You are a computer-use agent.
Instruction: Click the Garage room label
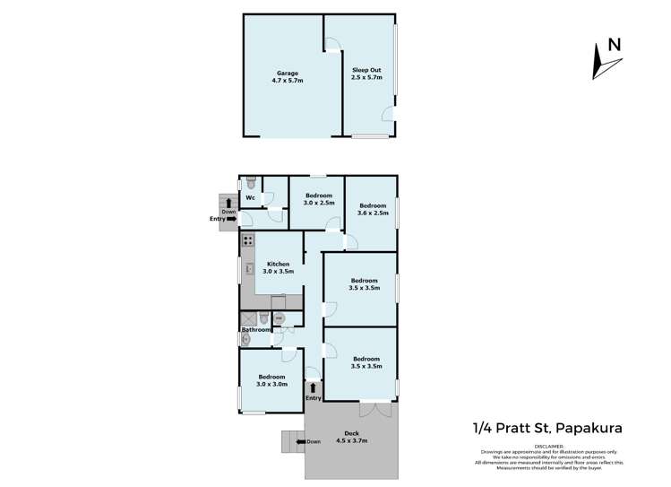[x=288, y=76]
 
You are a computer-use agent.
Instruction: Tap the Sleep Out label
[x=366, y=73]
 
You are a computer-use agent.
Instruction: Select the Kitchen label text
[x=280, y=266]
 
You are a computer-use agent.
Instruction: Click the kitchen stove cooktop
[x=247, y=240]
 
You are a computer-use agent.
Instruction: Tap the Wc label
[x=251, y=197]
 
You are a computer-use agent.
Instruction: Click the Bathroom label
[x=255, y=330]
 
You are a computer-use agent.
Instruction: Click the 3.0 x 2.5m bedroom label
[x=319, y=199]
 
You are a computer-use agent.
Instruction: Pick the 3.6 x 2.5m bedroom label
[x=373, y=209]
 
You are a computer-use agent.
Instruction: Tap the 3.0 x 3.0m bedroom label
[x=271, y=380]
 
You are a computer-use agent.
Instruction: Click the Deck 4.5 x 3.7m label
[x=351, y=438]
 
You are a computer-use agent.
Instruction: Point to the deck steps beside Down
[x=292, y=441]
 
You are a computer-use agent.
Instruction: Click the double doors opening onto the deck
[x=376, y=408]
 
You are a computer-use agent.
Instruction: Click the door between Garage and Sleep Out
[x=331, y=45]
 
